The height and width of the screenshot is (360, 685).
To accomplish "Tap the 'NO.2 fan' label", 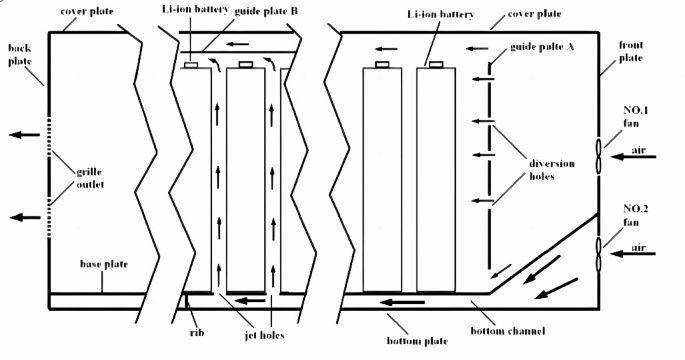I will click(x=633, y=216).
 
